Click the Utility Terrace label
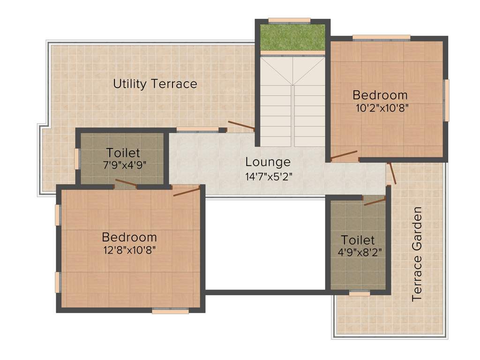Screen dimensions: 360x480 155,84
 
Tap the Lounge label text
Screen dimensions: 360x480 268,162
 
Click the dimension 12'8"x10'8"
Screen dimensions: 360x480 129,250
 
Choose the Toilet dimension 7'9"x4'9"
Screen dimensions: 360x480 123,165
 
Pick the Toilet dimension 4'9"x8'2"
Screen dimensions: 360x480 358,253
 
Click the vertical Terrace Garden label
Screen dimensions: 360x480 417,254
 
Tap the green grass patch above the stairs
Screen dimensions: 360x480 292,37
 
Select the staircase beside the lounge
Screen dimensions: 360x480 292,101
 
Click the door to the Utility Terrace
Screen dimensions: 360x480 241,125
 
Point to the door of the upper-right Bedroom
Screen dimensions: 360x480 344,156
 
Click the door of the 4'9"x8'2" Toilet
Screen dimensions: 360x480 375,202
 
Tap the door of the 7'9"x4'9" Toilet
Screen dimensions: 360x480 126,183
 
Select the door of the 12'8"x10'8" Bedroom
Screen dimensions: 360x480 187,191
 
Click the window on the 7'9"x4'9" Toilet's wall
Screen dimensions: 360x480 77,158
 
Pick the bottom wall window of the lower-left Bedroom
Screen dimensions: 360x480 170,310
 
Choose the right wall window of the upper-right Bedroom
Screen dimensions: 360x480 447,100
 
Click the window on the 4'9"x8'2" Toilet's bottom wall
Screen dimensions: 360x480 360,293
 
